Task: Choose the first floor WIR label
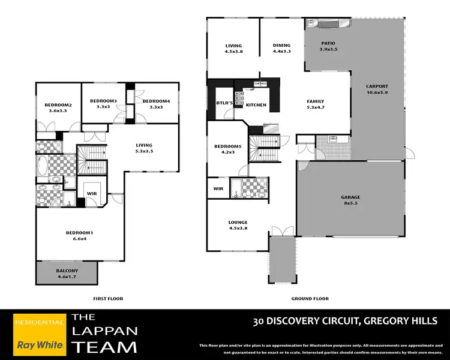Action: point(92,193)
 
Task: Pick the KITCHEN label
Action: point(256,105)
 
